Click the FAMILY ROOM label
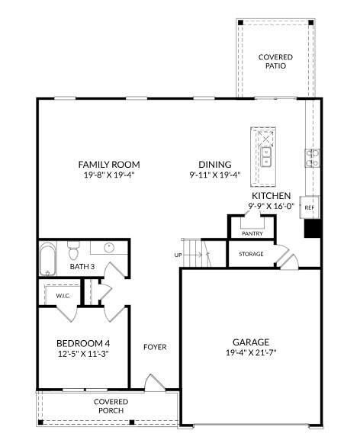109,164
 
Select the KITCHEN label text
271,196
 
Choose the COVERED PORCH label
111,406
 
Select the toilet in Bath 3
74,249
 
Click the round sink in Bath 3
109,247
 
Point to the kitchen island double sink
266,158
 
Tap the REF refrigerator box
310,207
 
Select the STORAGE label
251,254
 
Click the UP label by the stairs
178,255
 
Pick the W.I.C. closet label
63,295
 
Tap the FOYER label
155,347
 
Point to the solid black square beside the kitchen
311,229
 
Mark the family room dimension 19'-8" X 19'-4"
109,175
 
